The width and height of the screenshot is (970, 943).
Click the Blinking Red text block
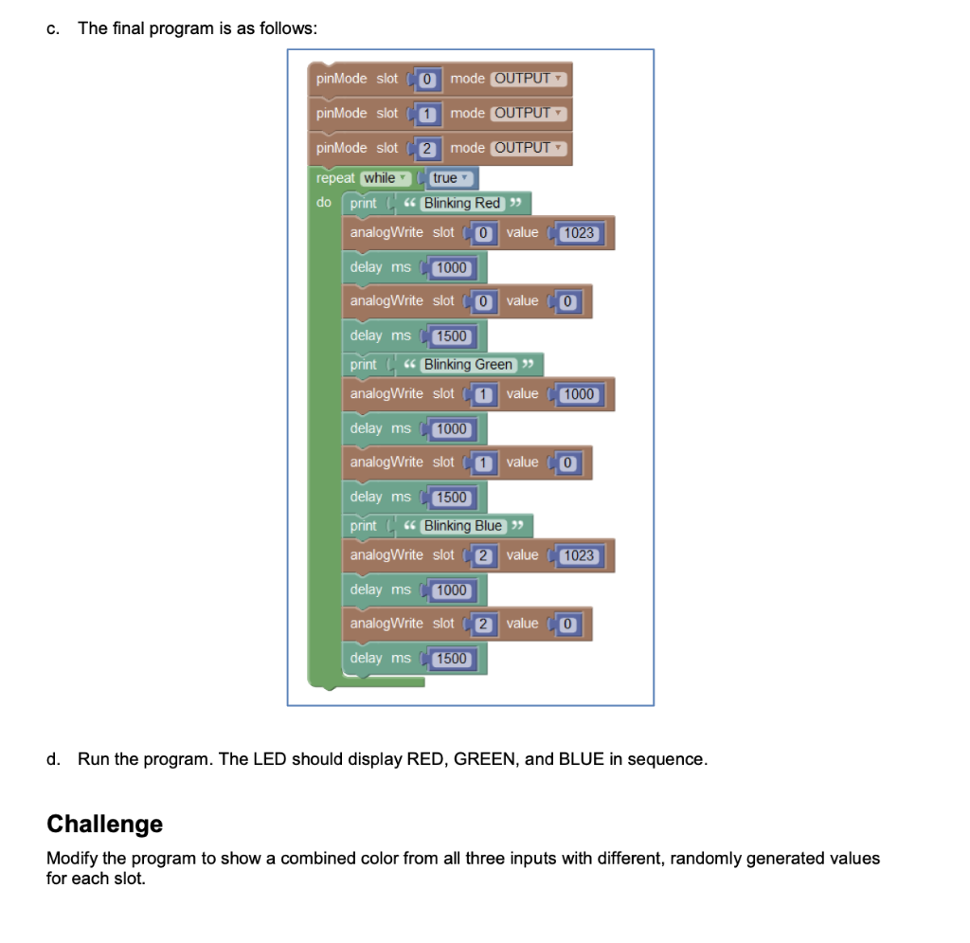[462, 203]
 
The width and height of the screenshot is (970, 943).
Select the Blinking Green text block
[468, 364]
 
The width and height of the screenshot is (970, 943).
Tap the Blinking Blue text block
[462, 525]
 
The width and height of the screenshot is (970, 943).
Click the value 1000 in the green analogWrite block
[579, 394]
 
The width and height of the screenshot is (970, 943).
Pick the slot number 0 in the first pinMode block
[427, 79]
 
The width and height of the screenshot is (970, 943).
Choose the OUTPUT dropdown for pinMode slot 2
[528, 148]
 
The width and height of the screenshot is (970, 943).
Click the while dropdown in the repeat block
[384, 177]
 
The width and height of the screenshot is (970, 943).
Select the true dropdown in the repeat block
[449, 177]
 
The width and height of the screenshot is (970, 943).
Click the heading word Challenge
[104, 824]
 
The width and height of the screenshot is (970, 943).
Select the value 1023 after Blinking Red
[579, 233]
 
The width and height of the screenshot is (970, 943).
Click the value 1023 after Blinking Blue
[579, 555]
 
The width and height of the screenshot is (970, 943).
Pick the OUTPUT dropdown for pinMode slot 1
[528, 113]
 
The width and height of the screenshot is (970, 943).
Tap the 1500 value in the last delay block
[452, 658]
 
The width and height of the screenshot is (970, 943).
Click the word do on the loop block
[324, 203]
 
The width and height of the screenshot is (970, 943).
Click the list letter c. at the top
[53, 27]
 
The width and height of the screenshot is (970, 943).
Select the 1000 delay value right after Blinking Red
[452, 267]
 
